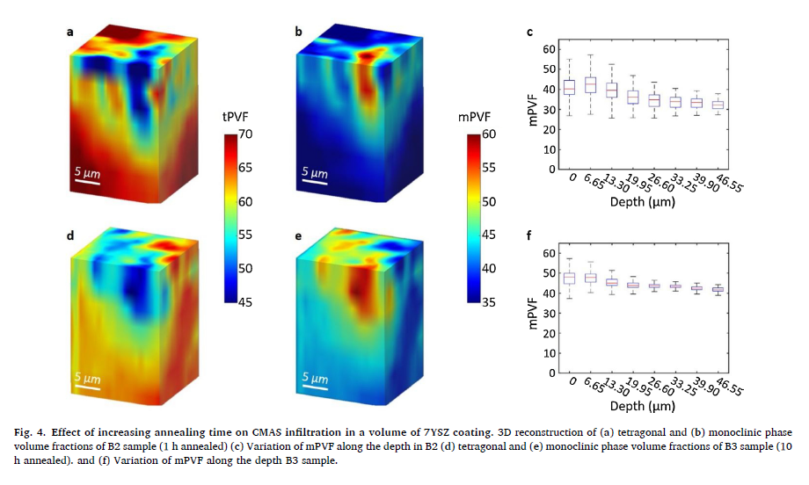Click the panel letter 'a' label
point(69,33)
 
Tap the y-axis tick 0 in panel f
point(551,373)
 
